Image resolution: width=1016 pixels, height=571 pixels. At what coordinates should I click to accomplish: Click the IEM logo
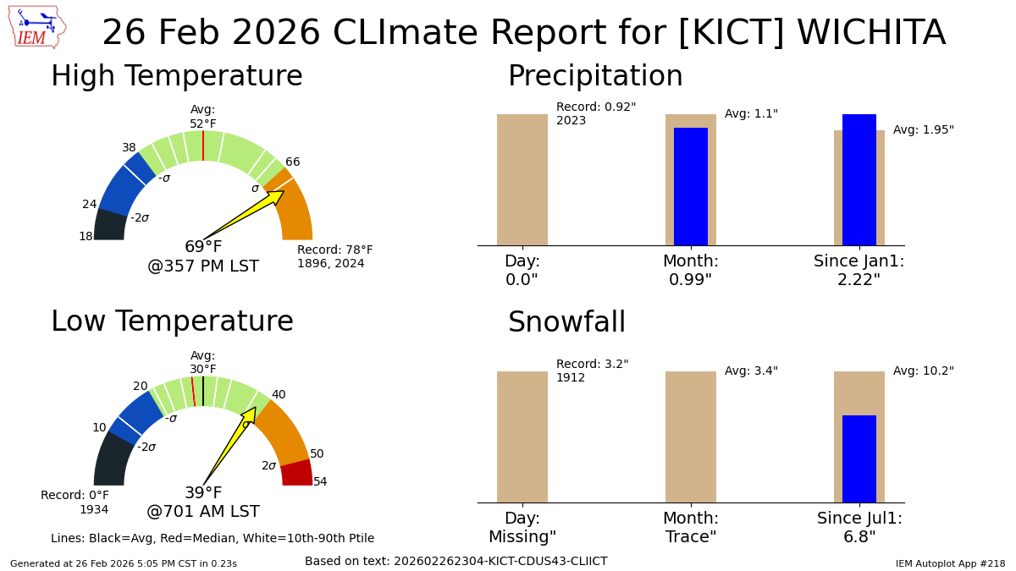[36, 27]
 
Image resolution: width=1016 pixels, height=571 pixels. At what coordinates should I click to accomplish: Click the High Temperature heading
[176, 77]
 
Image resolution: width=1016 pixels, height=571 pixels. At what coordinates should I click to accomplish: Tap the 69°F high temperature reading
[203, 247]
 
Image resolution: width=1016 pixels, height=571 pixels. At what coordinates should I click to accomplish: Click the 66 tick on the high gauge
[292, 162]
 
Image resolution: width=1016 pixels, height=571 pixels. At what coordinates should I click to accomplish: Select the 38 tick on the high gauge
[129, 147]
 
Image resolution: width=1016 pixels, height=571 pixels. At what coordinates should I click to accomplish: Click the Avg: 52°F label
[203, 117]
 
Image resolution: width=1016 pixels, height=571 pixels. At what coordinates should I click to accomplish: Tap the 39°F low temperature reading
[203, 493]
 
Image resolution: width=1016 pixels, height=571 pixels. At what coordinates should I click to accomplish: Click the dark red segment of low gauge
[297, 473]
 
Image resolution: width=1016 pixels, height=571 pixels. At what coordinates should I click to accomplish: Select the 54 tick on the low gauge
[320, 482]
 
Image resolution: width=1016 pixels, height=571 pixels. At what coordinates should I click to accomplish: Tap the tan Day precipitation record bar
[522, 179]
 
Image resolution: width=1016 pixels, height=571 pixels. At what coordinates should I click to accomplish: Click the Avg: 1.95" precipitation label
[923, 130]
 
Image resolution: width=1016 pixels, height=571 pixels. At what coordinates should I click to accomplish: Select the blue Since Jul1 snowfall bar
[859, 458]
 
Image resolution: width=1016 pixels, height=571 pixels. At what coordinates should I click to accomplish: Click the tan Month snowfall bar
[691, 436]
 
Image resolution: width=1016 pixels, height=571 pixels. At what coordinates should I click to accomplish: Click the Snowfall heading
[566, 323]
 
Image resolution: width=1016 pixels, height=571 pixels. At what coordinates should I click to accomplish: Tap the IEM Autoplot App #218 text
[950, 563]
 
